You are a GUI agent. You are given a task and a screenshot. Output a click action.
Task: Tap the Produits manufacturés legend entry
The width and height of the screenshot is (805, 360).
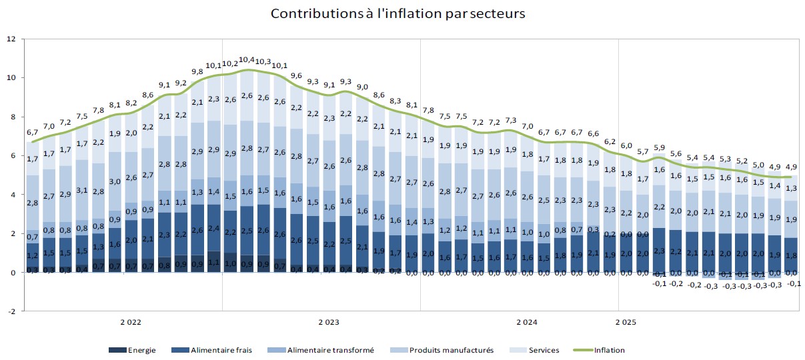coord(452,350)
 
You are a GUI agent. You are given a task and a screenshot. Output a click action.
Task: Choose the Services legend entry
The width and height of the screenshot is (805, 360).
coord(544,350)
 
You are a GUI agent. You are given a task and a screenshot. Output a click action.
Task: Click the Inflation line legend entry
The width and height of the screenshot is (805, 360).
coord(609,350)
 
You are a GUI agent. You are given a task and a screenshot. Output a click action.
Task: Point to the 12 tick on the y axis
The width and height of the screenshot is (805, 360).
coord(11,39)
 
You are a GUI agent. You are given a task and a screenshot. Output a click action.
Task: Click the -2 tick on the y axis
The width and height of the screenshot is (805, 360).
coord(11,311)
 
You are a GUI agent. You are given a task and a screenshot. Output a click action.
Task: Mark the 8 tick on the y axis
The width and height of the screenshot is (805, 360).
coord(13,117)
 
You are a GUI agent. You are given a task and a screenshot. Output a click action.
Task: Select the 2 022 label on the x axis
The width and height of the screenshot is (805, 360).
coord(131,323)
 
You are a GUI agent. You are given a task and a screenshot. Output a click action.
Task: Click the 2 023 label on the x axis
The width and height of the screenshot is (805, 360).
coord(328,323)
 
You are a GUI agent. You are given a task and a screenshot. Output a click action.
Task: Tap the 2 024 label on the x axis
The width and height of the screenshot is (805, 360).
coord(527,323)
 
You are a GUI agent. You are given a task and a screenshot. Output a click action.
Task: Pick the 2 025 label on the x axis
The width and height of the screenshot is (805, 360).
coord(626,323)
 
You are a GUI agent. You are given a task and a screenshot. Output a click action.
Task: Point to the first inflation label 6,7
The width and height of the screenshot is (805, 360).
coord(33,132)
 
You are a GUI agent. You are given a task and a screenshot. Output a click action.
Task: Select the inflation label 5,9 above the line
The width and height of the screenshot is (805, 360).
coord(659,147)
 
